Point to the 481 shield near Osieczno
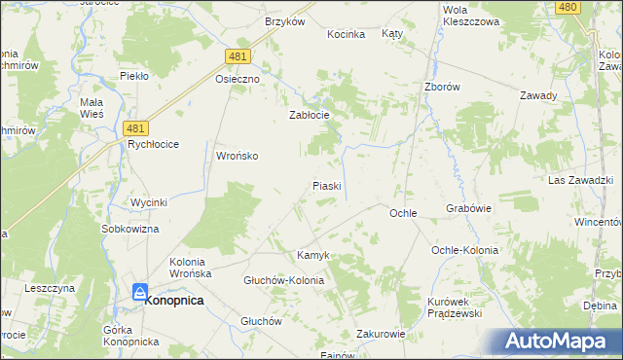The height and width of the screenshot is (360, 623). [238, 57]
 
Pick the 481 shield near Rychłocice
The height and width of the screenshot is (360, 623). [137, 127]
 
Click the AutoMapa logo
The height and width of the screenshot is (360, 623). [560, 342]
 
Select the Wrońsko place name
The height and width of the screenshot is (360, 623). [237, 156]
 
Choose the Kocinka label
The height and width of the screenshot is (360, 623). [347, 34]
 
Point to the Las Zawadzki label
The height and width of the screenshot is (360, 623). [579, 181]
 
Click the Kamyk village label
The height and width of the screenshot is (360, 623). [313, 255]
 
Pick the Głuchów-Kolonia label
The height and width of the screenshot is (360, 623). [283, 280]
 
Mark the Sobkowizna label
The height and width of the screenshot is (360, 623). [129, 229]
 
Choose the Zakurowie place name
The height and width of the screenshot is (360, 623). [381, 333]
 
